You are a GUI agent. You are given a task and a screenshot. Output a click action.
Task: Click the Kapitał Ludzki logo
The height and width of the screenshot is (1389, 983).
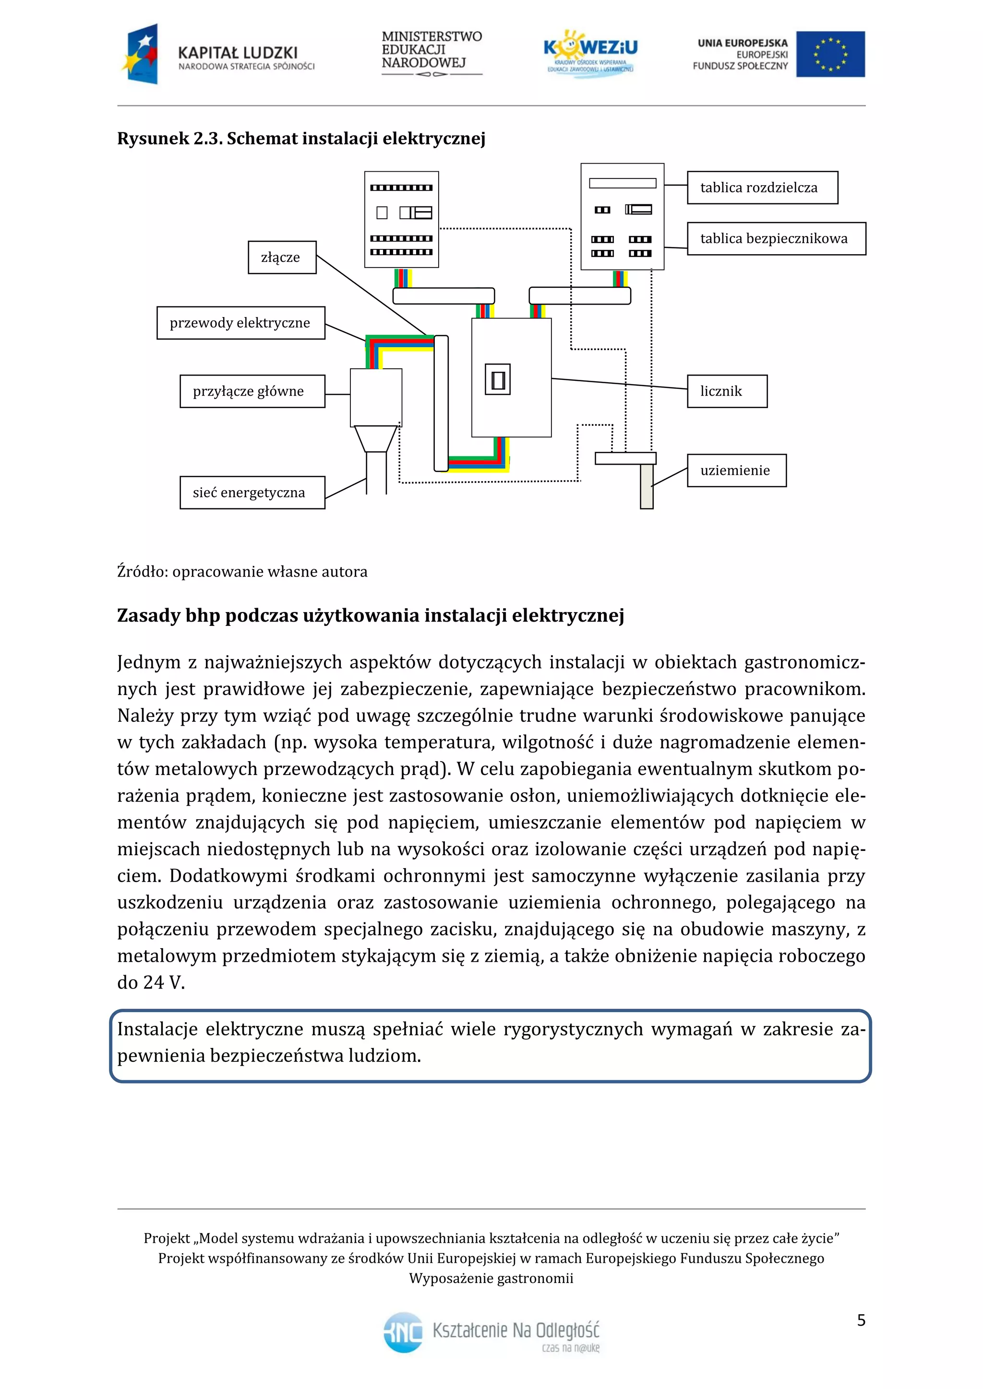(x=218, y=55)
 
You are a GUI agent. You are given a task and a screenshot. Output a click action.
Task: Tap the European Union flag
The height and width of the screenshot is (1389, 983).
(x=830, y=55)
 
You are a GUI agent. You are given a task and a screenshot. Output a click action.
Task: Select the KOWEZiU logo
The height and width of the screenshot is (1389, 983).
(x=590, y=53)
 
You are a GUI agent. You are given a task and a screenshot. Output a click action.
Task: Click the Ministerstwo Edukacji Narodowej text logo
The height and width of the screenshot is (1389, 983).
(x=432, y=53)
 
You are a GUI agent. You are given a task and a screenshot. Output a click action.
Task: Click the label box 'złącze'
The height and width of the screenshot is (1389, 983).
(x=281, y=257)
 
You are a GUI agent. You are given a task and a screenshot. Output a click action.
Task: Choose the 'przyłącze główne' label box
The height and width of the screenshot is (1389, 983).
(x=252, y=391)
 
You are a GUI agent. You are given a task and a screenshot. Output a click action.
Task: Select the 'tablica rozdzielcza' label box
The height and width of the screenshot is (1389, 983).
(x=762, y=188)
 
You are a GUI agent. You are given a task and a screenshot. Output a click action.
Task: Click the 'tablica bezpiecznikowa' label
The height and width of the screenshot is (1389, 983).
(x=776, y=238)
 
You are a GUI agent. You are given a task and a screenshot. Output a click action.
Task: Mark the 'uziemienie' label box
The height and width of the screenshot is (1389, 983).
(x=736, y=470)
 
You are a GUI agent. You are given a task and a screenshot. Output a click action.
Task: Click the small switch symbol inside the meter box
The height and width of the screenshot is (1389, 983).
(x=498, y=380)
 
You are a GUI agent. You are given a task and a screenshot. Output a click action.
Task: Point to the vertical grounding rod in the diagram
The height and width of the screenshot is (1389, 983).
(x=647, y=486)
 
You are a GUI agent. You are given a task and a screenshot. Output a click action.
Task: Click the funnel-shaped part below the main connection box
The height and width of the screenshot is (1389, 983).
(x=376, y=438)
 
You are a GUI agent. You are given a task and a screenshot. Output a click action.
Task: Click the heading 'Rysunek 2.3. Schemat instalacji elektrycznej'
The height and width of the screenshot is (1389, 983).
(x=301, y=139)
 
